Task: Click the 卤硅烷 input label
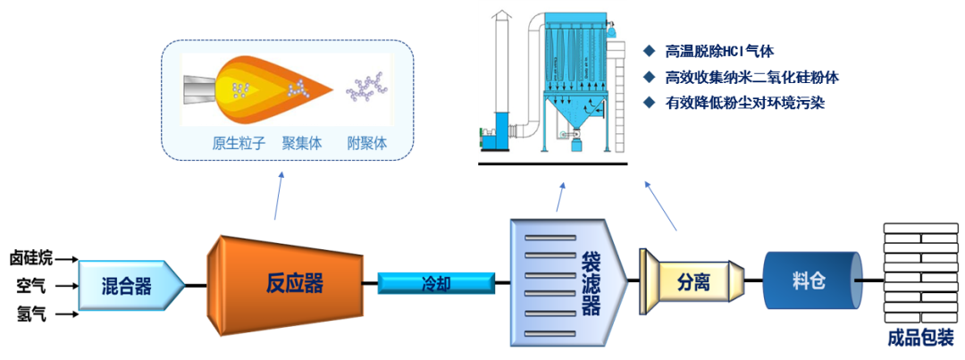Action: point(31,258)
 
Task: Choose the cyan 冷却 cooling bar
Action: point(436,284)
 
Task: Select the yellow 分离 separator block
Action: point(692,282)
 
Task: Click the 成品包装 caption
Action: point(920,339)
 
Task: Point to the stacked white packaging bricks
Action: point(919,272)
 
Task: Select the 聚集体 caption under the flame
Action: point(301,143)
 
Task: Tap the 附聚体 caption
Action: point(367,143)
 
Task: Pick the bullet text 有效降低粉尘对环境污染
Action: point(745,103)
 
